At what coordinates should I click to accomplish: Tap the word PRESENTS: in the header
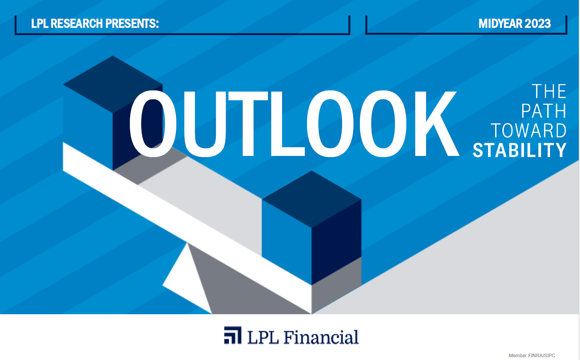tap(132, 24)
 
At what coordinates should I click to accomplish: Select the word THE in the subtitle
tap(549, 91)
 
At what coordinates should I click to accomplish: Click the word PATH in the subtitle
tap(543, 111)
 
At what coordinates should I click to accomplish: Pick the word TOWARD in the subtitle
tap(529, 131)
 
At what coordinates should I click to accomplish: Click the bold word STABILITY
tap(520, 150)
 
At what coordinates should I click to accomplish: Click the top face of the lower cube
tap(311, 199)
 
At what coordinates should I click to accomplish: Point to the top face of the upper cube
tap(112, 84)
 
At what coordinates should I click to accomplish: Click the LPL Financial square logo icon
tap(232, 335)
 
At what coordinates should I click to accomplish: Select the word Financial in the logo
tap(321, 337)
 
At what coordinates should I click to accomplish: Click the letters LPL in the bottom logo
tap(263, 337)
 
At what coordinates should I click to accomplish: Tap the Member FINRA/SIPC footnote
tap(532, 356)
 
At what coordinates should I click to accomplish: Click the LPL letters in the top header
tap(40, 24)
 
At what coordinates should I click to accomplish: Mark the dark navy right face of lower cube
tap(336, 242)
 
